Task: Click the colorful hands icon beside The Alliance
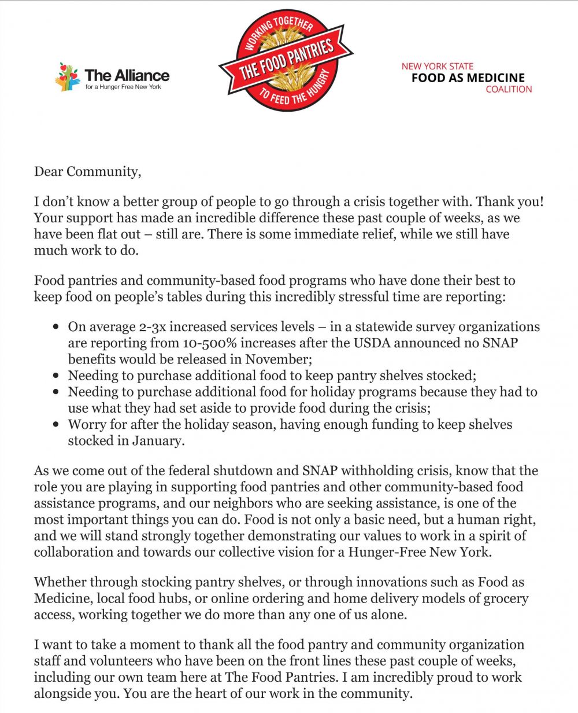click(x=67, y=76)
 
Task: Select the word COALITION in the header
click(x=509, y=89)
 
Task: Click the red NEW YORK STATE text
click(x=438, y=66)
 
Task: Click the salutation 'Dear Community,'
click(x=87, y=172)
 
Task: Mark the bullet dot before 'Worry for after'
click(x=56, y=425)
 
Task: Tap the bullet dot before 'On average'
click(x=56, y=327)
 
